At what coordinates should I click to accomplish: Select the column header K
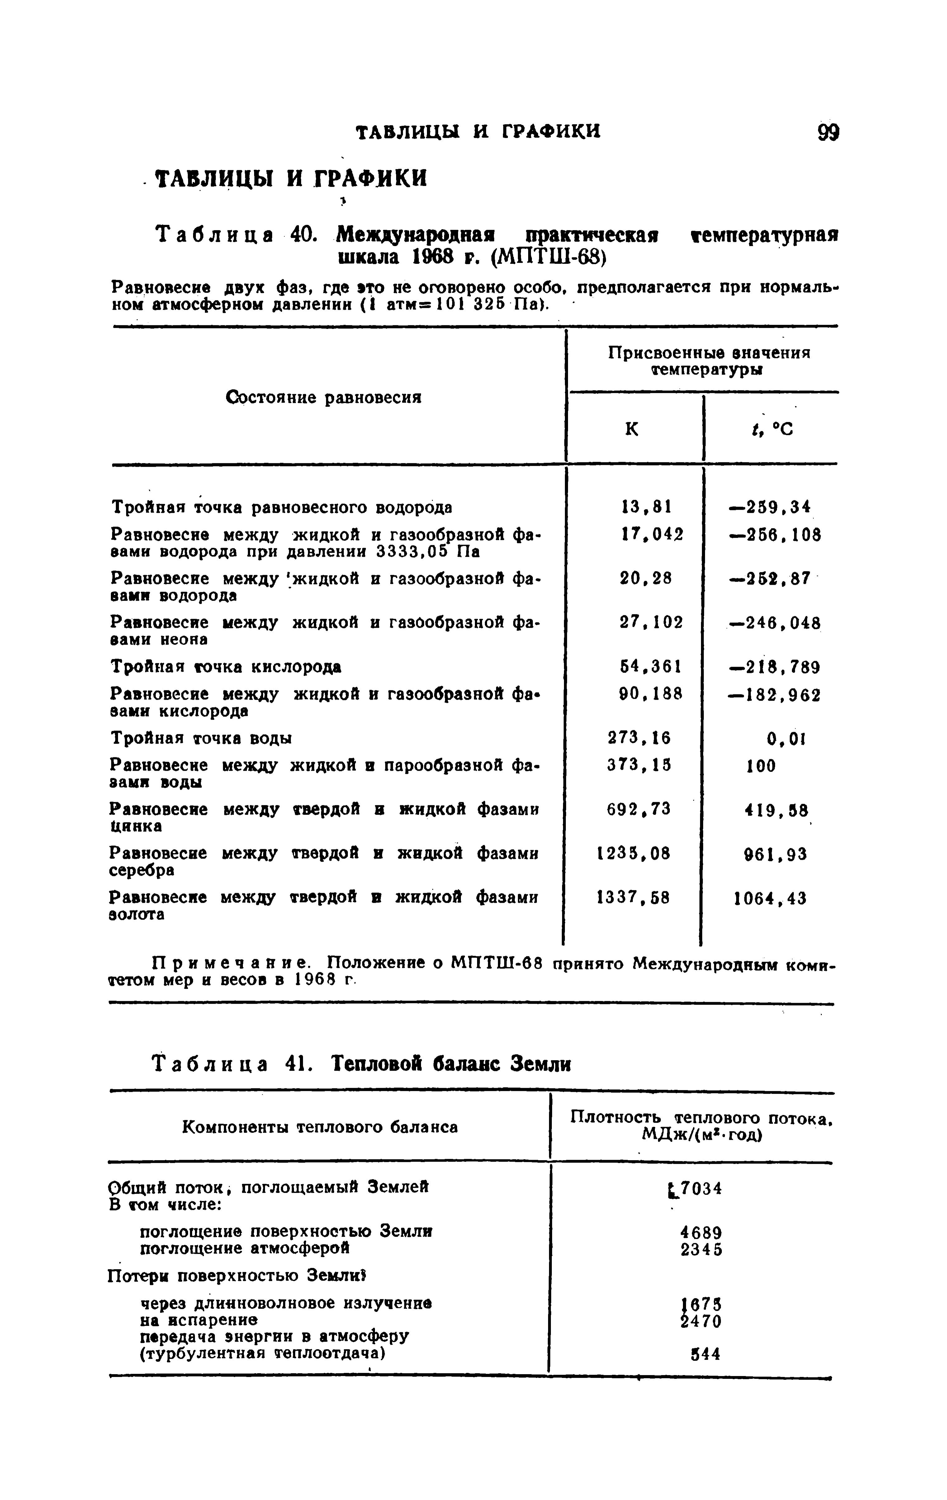[631, 429]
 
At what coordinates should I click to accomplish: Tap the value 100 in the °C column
[761, 765]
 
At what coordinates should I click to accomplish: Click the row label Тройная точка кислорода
[226, 667]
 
